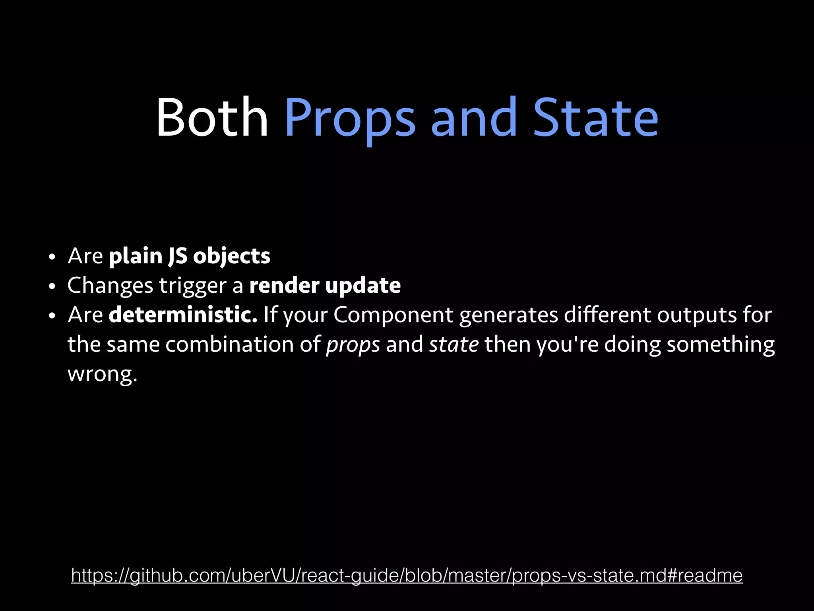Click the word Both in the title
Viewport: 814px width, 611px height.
point(212,118)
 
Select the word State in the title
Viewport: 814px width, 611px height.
point(595,118)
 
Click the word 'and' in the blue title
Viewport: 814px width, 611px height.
point(474,118)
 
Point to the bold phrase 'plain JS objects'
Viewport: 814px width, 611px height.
point(190,256)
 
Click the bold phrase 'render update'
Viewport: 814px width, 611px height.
point(325,286)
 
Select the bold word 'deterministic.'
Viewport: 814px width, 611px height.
point(183,315)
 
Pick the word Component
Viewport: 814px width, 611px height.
point(393,315)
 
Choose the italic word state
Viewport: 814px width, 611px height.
point(454,344)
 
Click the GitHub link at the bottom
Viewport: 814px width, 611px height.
point(407,576)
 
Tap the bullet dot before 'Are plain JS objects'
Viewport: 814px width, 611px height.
point(51,257)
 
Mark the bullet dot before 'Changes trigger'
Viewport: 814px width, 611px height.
point(51,287)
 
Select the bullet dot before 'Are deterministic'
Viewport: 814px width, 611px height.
point(51,316)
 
